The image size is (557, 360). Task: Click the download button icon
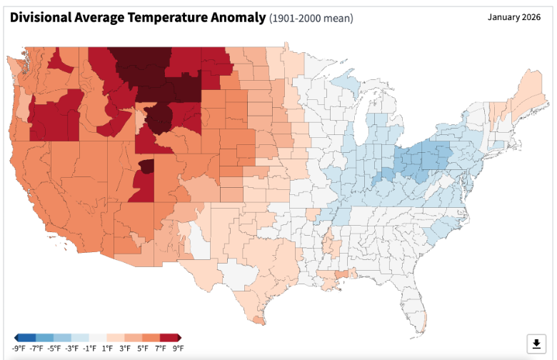pos(536,344)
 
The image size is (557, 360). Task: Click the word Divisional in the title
pos(41,17)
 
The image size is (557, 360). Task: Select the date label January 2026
pos(514,17)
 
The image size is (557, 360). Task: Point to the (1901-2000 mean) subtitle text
pos(311,18)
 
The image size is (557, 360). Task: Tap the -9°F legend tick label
pos(19,349)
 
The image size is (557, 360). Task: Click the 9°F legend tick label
pos(178,349)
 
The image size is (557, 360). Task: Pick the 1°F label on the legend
pos(107,349)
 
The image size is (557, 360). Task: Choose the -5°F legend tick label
pos(54,349)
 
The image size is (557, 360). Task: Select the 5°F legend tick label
pos(142,349)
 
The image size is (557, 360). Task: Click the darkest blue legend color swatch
pos(27,338)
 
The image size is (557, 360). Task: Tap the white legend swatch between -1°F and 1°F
pos(98,338)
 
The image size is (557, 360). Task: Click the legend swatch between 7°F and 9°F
pos(169,338)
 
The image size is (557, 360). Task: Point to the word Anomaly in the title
pos(238,17)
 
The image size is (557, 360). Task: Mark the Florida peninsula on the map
pos(414,309)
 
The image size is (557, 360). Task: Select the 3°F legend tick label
pos(125,349)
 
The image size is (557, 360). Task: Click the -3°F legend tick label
pos(71,349)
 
